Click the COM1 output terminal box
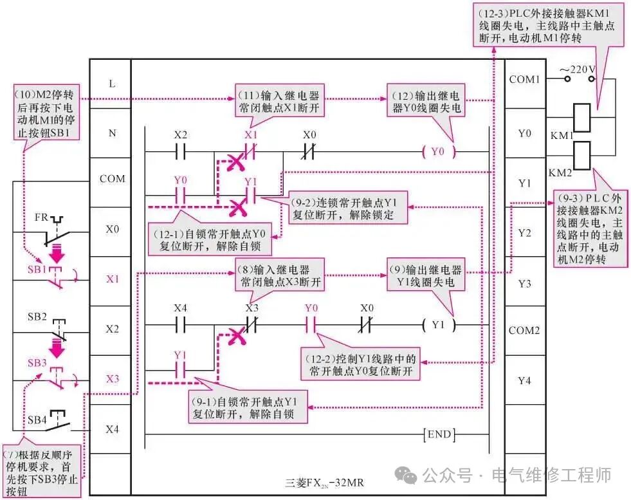(524, 80)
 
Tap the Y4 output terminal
(524, 380)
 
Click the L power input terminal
(112, 84)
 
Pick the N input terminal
(112, 134)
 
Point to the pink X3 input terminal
(112, 379)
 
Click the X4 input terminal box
(112, 429)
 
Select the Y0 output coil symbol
(437, 153)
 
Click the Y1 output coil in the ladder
(437, 325)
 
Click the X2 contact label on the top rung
(181, 136)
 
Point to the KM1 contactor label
(561, 136)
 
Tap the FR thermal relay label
(41, 217)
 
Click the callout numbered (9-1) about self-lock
(250, 408)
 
